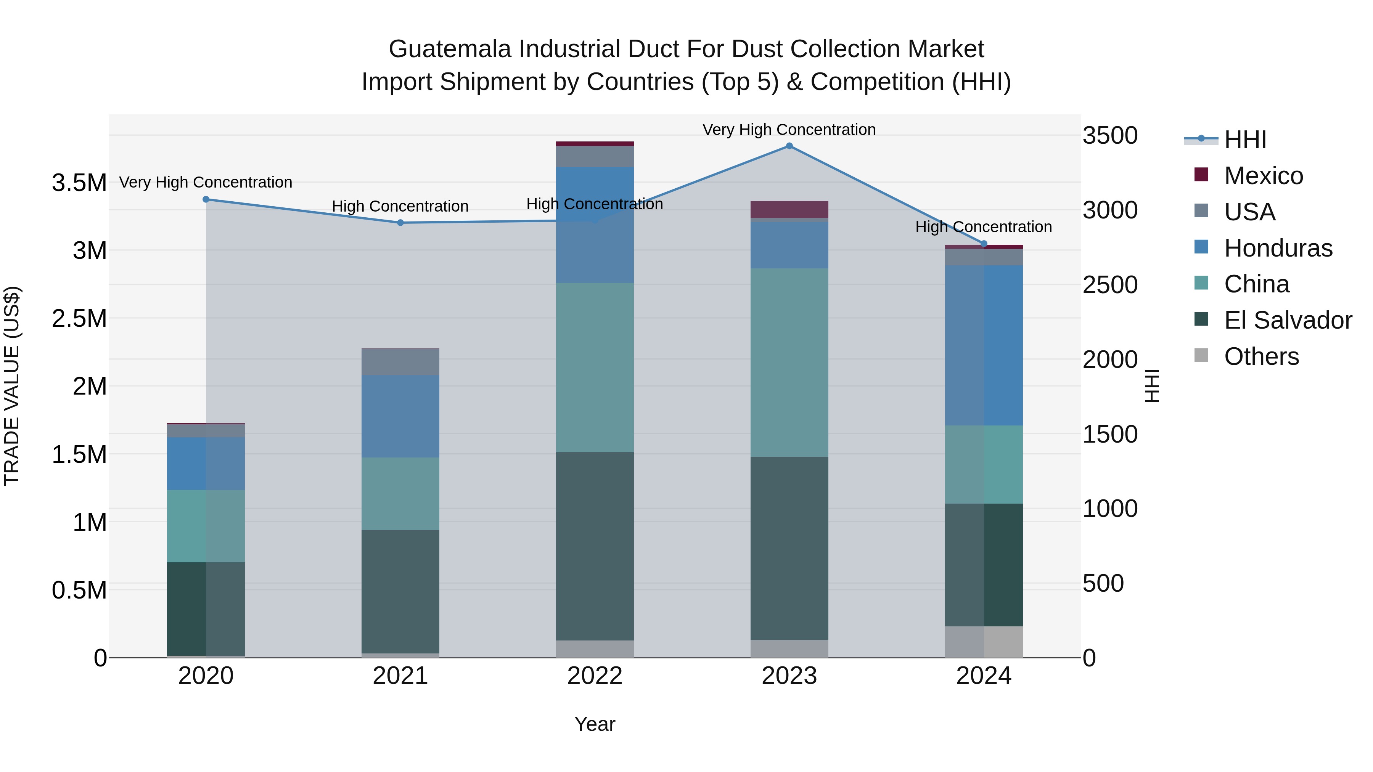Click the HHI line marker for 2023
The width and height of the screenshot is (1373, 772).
coord(789,146)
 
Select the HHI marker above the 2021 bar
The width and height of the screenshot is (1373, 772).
coord(400,223)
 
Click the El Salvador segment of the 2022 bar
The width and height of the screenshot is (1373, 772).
coord(595,546)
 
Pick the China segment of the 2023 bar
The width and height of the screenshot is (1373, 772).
coord(789,362)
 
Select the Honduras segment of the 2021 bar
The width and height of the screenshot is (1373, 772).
coord(400,416)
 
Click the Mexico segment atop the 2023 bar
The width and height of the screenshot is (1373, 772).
coord(789,209)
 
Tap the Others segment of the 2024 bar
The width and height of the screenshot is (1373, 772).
coord(984,642)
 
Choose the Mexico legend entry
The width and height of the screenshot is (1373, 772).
coord(1263,176)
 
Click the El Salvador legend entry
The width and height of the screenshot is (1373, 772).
coord(1287,320)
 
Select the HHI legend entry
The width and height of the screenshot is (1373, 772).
coord(1244,140)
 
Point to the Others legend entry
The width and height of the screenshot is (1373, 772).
coord(1261,356)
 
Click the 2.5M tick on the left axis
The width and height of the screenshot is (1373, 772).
coord(79,319)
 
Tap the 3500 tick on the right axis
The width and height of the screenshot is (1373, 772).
coord(1110,135)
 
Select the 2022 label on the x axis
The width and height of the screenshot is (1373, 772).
coord(595,676)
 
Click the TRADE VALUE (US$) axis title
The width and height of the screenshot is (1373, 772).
coord(12,386)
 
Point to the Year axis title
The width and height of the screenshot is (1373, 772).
coord(595,724)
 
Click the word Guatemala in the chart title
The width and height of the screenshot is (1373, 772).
coord(450,49)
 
